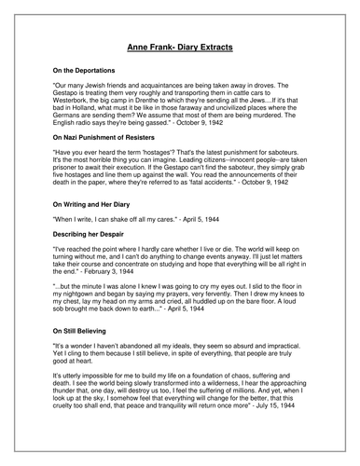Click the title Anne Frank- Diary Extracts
click(180, 45)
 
